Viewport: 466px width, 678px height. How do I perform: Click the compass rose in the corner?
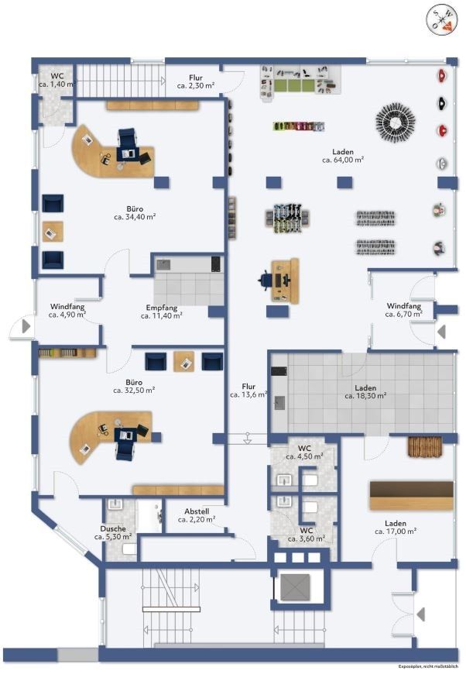click(441, 20)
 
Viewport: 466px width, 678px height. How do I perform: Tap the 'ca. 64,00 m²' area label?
click(343, 160)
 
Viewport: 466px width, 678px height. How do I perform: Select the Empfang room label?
click(162, 308)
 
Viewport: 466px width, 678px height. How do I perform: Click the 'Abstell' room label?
click(197, 511)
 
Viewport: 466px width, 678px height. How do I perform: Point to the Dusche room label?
click(113, 528)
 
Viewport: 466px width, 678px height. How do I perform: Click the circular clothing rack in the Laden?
click(396, 122)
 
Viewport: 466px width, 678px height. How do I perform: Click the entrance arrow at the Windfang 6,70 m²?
click(441, 332)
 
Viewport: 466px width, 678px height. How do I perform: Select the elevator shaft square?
click(295, 587)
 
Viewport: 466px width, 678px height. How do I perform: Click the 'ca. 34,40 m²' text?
click(135, 217)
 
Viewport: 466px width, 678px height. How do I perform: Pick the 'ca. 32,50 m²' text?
click(135, 390)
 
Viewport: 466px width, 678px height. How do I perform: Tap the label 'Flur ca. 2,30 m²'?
click(196, 81)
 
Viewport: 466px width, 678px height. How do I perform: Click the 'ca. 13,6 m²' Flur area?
click(248, 394)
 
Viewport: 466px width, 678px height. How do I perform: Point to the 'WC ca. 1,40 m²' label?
click(57, 80)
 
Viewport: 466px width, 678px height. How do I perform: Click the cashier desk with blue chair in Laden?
click(280, 280)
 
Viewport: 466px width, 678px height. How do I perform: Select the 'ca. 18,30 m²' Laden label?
click(365, 396)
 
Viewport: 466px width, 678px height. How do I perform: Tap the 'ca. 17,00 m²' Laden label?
click(396, 532)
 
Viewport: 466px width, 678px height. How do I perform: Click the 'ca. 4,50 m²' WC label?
click(304, 456)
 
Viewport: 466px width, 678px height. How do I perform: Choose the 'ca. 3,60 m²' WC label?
click(307, 539)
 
